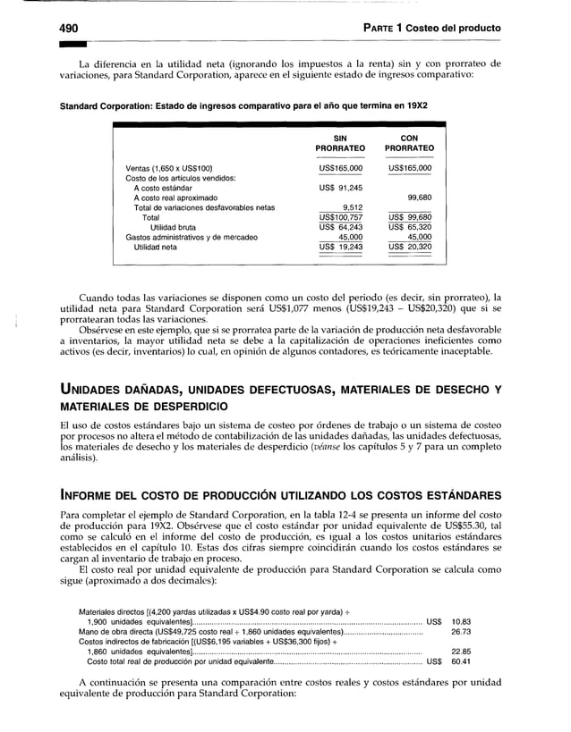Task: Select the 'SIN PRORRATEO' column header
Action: tap(340, 143)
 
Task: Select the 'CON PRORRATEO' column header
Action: tap(410, 143)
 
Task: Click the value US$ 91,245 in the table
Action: tap(340, 188)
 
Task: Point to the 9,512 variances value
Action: tap(349, 207)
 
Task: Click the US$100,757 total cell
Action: tap(340, 217)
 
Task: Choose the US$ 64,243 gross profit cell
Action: tap(340, 227)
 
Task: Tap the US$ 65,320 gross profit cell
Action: tap(411, 227)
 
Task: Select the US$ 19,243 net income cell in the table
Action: tap(340, 247)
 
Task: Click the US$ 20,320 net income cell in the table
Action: tap(411, 247)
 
